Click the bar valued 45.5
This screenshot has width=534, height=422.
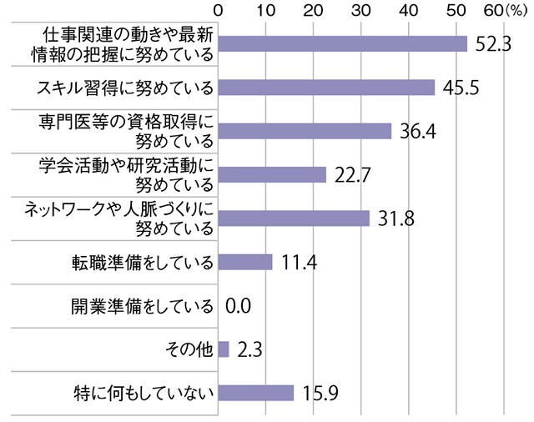[326, 88]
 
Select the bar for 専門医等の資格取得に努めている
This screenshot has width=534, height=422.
[305, 131]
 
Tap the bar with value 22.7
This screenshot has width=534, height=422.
[272, 174]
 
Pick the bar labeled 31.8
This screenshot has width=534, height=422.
[294, 218]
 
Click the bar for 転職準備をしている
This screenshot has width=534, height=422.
[245, 262]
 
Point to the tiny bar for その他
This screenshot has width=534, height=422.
[224, 349]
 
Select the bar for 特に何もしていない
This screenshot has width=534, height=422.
[256, 392]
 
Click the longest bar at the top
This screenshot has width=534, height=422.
[342, 44]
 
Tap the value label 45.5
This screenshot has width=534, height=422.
[461, 88]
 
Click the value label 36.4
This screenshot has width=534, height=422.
[417, 131]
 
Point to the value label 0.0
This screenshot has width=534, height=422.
[239, 305]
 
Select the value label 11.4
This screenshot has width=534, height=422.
[298, 262]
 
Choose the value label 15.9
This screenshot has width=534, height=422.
[320, 392]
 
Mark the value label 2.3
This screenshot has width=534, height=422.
[251, 349]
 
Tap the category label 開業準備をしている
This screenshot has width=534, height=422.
[142, 305]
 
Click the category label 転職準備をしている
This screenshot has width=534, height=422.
[142, 262]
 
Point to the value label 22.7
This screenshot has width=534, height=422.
[351, 174]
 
